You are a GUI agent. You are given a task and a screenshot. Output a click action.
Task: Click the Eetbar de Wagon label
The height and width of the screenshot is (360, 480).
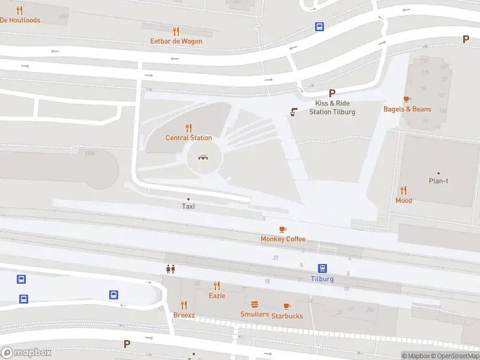[176, 41]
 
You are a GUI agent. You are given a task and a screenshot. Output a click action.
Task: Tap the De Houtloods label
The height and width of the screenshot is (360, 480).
[20, 20]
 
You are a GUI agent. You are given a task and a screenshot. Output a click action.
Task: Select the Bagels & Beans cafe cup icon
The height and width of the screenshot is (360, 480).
[407, 99]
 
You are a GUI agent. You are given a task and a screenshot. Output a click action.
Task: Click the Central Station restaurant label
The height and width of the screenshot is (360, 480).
[189, 138]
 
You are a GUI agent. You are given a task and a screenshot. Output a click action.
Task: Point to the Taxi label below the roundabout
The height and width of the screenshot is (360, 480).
[188, 206]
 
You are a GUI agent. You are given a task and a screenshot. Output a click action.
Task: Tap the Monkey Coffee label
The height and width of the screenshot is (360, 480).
[283, 239]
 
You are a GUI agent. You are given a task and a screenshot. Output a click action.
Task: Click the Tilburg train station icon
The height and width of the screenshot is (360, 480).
[322, 268]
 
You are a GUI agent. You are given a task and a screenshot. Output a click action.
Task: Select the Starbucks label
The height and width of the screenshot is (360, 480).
[287, 316]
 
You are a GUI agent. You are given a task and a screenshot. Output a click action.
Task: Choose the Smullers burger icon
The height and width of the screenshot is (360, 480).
[254, 305]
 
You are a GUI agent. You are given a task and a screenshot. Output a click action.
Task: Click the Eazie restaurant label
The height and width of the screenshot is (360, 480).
[217, 296]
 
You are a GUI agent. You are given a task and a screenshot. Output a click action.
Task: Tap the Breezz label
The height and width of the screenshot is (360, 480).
[184, 315]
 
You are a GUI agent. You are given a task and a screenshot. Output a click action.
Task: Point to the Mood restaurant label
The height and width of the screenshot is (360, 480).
[404, 200]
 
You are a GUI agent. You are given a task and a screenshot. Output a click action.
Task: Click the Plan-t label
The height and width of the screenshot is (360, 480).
[438, 181]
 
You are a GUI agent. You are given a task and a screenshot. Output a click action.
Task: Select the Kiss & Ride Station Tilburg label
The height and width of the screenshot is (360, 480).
[332, 107]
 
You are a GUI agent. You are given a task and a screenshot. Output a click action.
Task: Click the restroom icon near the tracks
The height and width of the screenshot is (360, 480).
[170, 269]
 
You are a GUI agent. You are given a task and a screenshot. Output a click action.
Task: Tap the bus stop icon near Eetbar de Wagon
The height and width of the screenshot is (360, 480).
[320, 26]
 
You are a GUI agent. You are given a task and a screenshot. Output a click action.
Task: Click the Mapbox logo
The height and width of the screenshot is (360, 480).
[26, 353]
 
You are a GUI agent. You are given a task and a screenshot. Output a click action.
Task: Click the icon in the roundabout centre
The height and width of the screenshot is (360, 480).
[204, 158]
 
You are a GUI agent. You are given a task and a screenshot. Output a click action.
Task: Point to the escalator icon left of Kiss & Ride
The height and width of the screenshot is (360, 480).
[295, 112]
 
